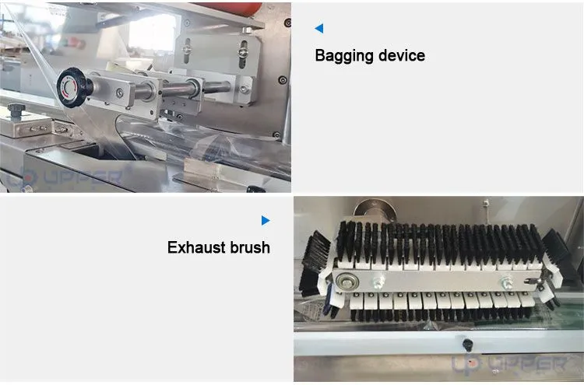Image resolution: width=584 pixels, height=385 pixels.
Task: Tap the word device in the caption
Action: coord(402,55)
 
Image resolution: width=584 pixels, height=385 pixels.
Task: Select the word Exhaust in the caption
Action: coord(196,247)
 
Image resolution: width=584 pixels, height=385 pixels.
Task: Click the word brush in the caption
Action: coord(250,247)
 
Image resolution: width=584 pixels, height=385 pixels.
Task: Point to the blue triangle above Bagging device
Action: coord(319,28)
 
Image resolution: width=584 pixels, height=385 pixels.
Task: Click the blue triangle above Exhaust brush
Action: coord(266,221)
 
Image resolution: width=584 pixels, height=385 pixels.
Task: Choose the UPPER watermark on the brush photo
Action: coord(510,363)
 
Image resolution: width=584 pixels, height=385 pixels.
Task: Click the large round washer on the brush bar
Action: coord(347,282)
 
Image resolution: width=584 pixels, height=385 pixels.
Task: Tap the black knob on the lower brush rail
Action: coord(468,344)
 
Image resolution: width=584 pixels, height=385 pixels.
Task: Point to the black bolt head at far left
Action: coord(16,110)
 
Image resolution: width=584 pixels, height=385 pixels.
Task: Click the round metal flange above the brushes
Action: coord(375,211)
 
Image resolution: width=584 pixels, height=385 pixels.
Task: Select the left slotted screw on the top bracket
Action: coord(188,49)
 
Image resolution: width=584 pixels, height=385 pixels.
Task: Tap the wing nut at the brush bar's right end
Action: coord(533,282)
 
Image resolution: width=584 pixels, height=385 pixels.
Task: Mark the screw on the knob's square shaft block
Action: coord(120,93)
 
